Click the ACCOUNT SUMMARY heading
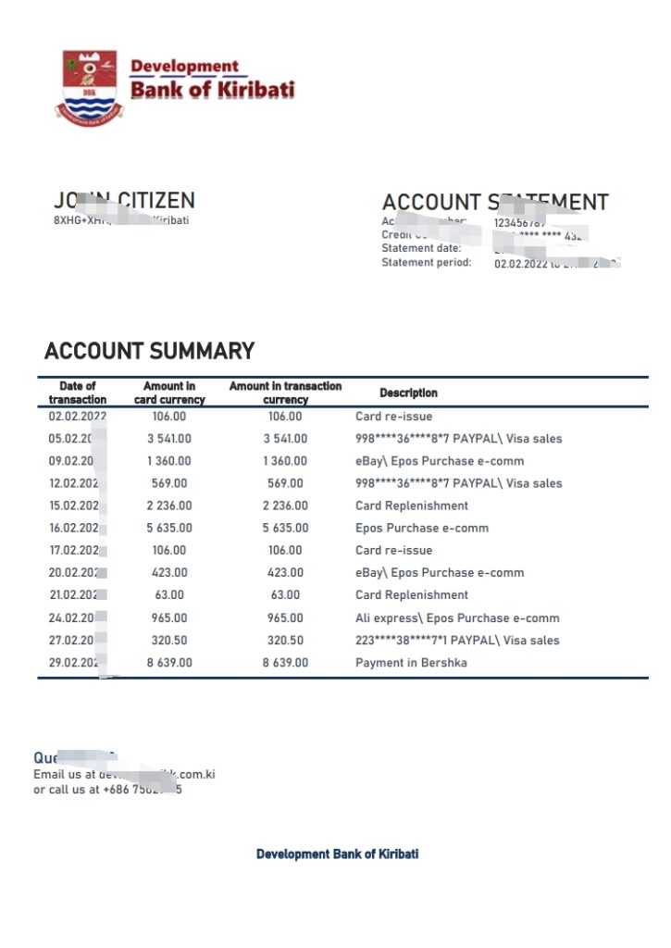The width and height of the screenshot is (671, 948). tap(149, 351)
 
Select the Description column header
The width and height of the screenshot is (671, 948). tap(408, 393)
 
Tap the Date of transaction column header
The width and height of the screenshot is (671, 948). tap(78, 393)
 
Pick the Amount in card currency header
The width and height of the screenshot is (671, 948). tap(169, 393)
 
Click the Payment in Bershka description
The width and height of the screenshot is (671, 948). tap(411, 663)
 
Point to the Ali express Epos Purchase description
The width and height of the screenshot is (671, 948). tap(457, 617)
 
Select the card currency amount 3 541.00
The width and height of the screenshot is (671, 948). tap(168, 439)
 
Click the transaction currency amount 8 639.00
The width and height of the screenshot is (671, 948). tap(285, 663)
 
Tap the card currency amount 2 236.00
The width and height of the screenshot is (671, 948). tap(168, 505)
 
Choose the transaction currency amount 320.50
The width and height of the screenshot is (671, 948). tap(285, 640)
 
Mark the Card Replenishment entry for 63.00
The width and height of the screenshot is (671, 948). tap(412, 594)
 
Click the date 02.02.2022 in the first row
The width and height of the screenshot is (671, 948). tap(78, 417)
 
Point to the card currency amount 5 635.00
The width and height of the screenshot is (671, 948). tap(168, 528)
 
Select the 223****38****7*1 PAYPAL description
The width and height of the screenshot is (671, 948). tap(457, 640)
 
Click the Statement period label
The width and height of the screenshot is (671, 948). tap(427, 263)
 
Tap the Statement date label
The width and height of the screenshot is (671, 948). tap(420, 248)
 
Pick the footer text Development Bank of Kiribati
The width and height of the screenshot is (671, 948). tap(337, 854)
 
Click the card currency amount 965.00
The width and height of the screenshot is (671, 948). tap(168, 617)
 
